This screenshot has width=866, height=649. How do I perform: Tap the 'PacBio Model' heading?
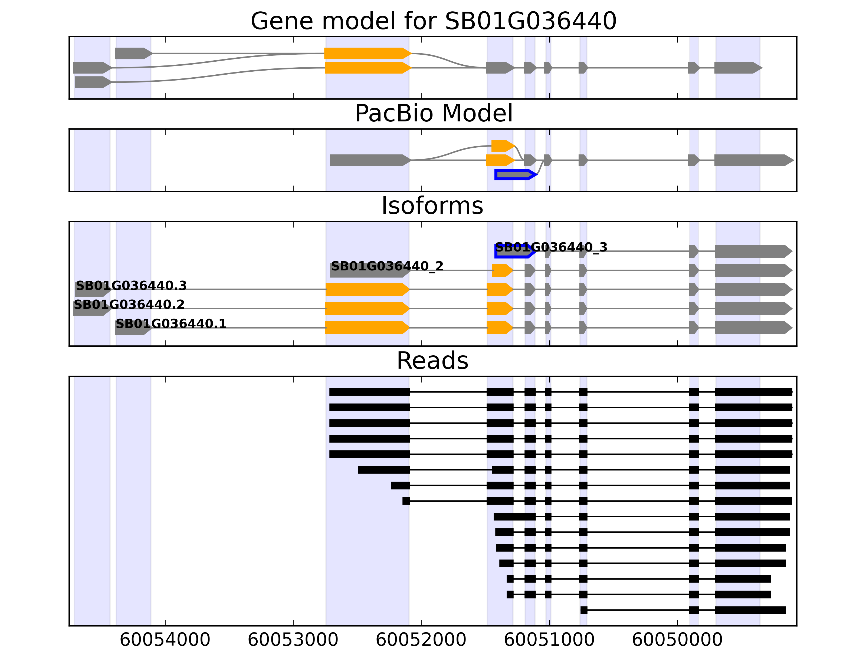(433, 114)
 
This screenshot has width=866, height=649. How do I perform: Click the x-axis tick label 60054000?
(165, 640)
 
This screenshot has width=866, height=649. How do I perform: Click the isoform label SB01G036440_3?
(551, 247)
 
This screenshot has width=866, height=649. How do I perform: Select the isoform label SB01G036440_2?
(387, 266)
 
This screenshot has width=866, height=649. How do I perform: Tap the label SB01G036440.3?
(131, 286)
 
